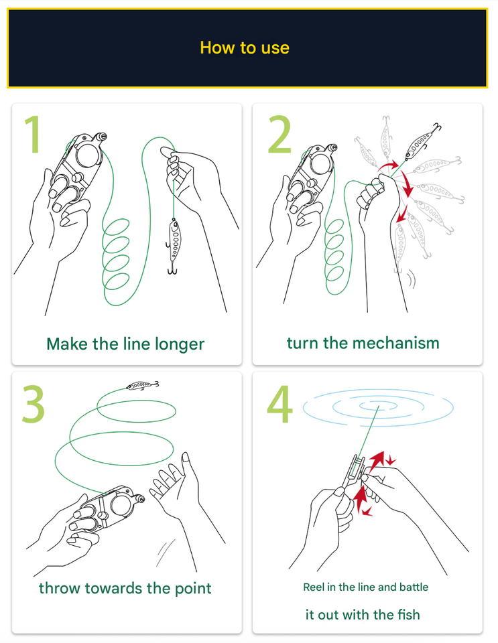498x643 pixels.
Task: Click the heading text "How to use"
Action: coord(245,48)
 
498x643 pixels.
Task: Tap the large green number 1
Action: coord(32,134)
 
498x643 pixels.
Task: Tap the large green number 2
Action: coord(279,134)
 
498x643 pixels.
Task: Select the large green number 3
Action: coord(34,403)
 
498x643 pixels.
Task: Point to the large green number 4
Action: coord(279,405)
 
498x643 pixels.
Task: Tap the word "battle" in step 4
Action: coord(414,587)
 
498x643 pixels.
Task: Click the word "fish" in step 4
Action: coord(408,614)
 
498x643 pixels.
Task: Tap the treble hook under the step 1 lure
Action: coord(172,268)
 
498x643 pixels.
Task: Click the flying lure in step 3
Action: coord(142,385)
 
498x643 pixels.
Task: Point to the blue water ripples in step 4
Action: coord(378,407)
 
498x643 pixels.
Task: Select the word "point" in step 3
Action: coord(193,589)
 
